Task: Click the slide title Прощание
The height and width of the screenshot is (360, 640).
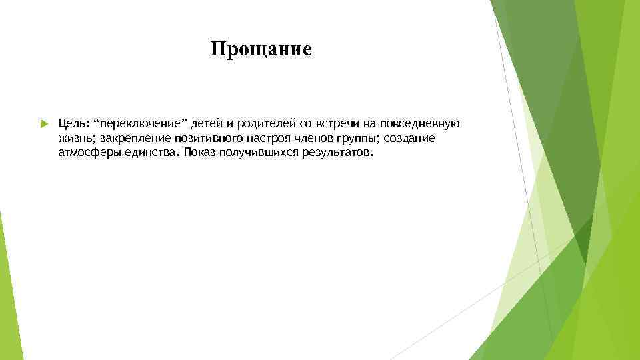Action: (261, 50)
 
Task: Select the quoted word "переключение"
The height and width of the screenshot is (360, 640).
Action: (141, 124)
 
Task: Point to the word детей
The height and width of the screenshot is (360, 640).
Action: (209, 124)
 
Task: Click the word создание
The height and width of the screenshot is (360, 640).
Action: (411, 138)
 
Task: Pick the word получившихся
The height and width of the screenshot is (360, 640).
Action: (259, 152)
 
